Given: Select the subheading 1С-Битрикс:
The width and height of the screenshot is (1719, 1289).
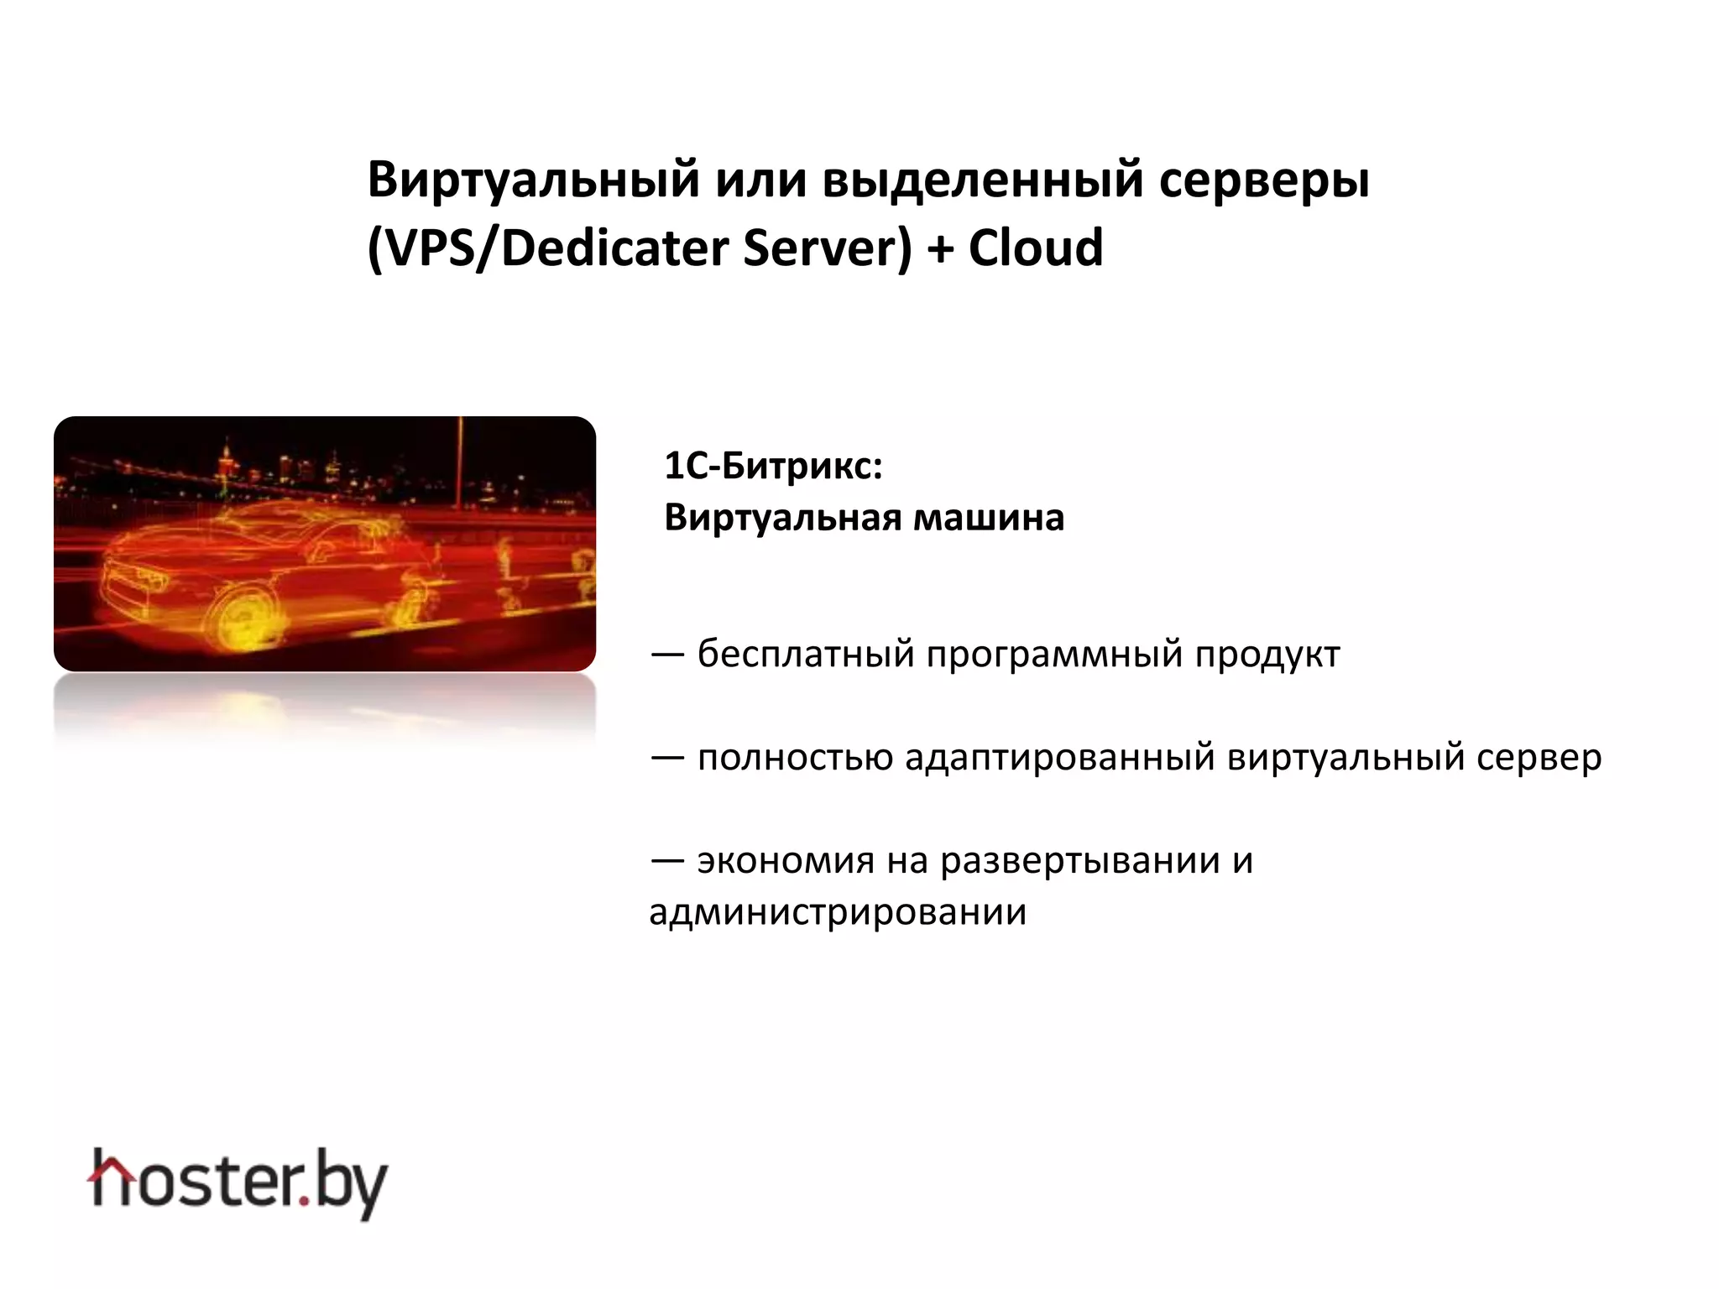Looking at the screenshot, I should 773,466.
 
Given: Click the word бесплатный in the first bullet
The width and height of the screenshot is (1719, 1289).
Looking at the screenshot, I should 805,654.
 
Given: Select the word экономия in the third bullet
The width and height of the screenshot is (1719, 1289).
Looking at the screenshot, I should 786,860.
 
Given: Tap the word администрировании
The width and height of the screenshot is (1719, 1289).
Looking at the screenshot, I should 838,912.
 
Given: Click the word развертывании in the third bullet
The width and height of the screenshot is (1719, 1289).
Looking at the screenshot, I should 1079,862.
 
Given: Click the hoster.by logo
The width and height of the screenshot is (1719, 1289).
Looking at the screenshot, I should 238,1182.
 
